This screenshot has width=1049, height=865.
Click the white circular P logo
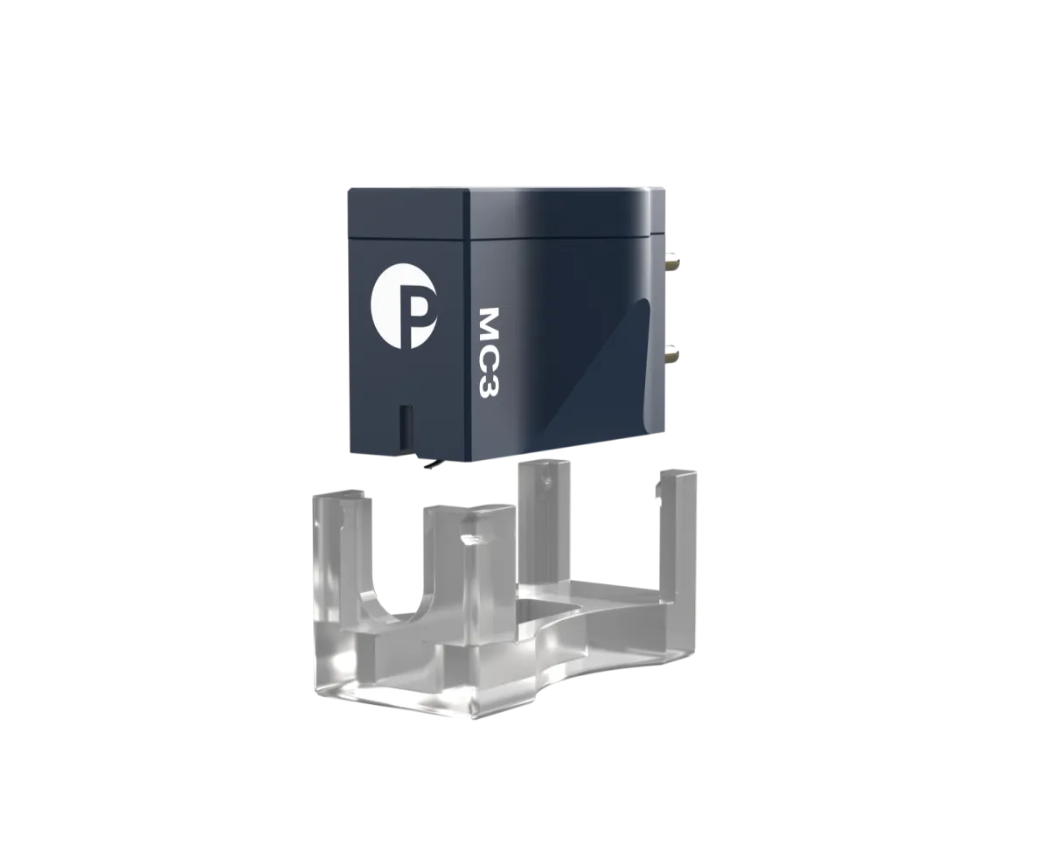tap(404, 315)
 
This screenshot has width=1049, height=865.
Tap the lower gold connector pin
tap(672, 356)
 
